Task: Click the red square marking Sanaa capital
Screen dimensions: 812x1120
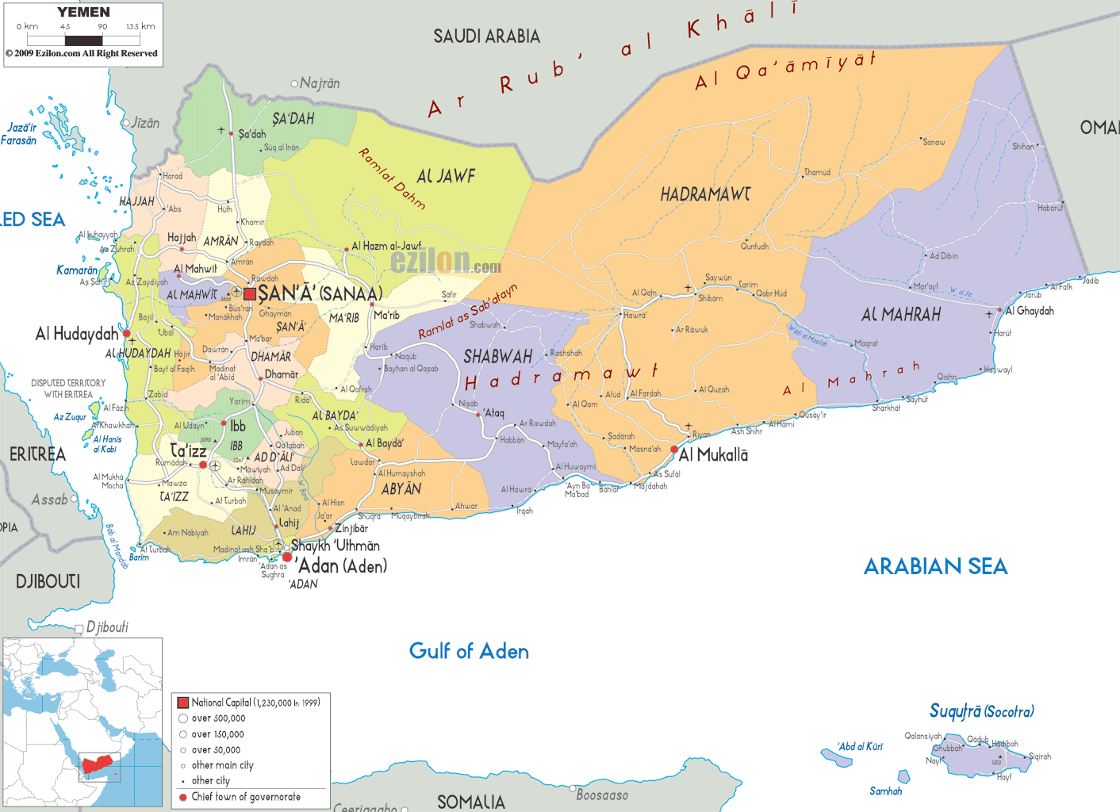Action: (x=250, y=294)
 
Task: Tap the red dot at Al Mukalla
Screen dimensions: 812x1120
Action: (x=674, y=450)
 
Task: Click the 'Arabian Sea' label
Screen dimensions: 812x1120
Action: (x=935, y=566)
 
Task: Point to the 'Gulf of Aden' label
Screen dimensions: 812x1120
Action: (x=469, y=651)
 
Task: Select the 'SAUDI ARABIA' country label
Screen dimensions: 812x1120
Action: (x=486, y=36)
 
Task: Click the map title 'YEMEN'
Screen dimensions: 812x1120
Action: (x=83, y=12)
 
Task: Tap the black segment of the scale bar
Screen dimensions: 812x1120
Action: (x=83, y=40)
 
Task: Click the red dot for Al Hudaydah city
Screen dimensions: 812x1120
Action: (x=126, y=334)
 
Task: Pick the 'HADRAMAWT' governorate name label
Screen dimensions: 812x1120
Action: (x=705, y=194)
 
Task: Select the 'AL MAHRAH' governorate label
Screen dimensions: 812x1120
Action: (x=901, y=315)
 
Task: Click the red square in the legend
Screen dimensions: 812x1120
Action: (x=183, y=703)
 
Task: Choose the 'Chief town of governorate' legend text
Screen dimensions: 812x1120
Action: (x=246, y=797)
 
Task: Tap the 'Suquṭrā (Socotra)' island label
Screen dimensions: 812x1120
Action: (x=981, y=711)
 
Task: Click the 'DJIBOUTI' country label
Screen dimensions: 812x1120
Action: (x=48, y=581)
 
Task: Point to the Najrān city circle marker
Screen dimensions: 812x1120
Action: (x=294, y=83)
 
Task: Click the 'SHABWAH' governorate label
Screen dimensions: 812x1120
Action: (x=497, y=357)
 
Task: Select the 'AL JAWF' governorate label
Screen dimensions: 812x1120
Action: (x=446, y=176)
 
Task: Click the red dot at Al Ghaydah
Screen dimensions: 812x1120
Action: (x=999, y=311)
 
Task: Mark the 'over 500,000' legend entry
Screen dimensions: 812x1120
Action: (x=218, y=718)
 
